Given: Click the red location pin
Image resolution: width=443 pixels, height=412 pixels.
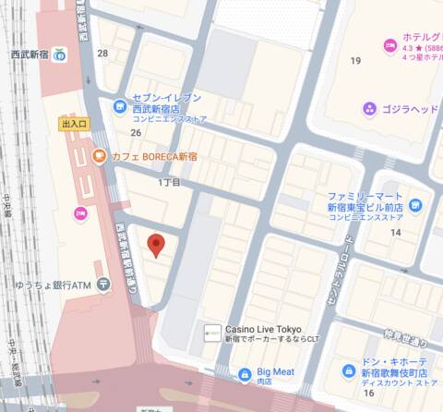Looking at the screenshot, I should point(156,245).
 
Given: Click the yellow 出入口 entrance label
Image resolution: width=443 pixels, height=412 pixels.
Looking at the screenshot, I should point(74,123).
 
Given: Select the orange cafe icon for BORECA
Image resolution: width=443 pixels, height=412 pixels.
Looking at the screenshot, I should point(99,157).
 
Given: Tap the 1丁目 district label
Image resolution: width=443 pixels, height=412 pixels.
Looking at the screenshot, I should point(169,183).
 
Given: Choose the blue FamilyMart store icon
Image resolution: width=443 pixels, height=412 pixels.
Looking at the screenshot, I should point(415,204).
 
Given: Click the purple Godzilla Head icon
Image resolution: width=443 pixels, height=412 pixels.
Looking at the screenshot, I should point(370,109).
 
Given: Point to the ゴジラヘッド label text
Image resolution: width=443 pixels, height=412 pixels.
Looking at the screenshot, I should point(411,109).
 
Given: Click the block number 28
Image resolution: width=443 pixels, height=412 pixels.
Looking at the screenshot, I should point(102,54).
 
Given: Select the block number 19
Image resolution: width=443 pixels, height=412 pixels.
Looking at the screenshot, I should point(355,61).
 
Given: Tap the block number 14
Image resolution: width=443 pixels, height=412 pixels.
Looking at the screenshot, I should point(395,232).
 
